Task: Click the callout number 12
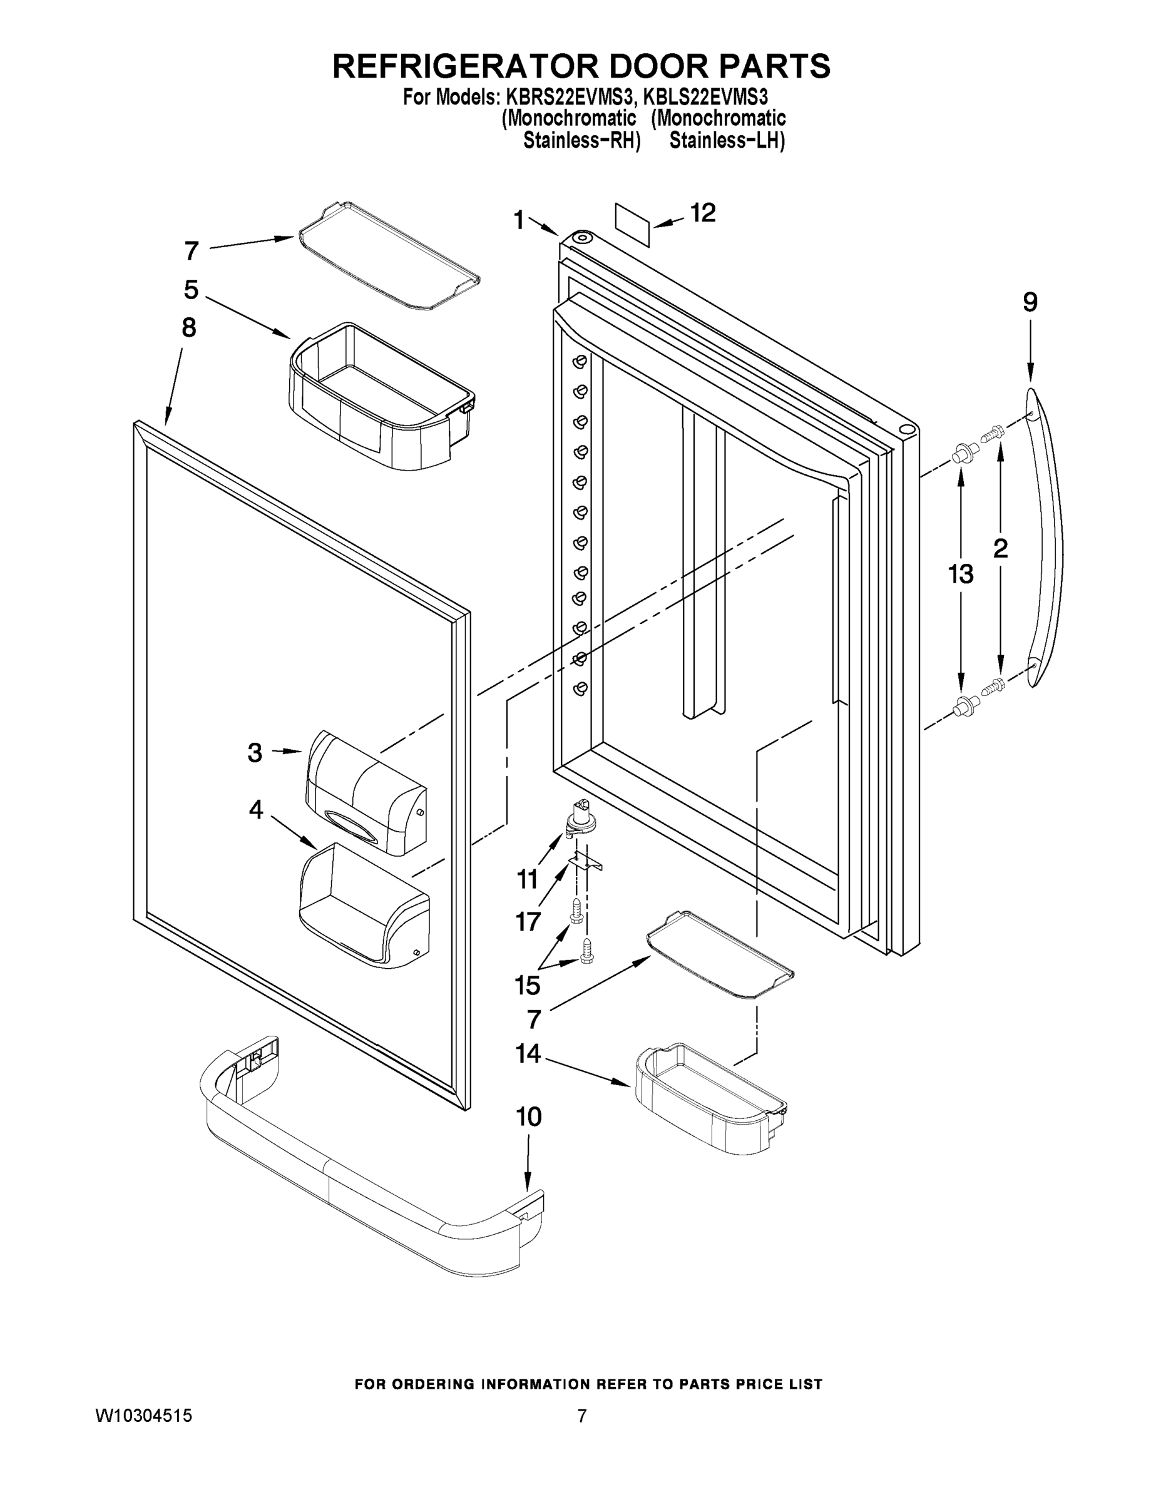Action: [702, 213]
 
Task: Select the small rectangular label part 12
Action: [632, 224]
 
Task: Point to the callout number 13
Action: [960, 573]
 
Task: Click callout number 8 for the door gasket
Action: [188, 327]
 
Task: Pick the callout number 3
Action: [255, 753]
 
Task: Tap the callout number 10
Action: [528, 1116]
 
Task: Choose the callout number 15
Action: [527, 985]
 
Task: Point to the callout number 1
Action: [519, 220]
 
